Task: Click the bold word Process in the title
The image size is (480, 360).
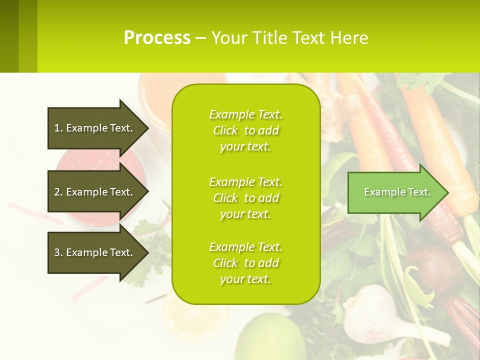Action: coord(157,38)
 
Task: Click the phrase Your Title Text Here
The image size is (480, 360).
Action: coord(289,38)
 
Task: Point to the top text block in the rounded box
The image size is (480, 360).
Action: coord(245,130)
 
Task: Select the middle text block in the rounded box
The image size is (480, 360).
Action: coord(245,198)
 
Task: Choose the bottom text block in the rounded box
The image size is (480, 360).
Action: coord(245,263)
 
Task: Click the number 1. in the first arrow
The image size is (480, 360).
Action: coord(58,128)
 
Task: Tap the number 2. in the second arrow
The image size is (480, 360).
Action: coord(58,192)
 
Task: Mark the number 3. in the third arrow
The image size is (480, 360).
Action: coord(58,252)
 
